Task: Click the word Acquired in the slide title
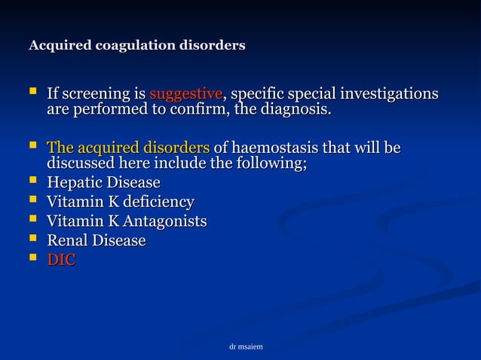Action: (x=57, y=46)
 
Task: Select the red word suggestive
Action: (x=185, y=95)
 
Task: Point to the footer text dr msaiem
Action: (x=245, y=346)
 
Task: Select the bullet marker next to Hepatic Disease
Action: (x=32, y=182)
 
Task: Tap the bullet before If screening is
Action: (x=32, y=94)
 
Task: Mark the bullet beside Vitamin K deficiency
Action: (x=32, y=201)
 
